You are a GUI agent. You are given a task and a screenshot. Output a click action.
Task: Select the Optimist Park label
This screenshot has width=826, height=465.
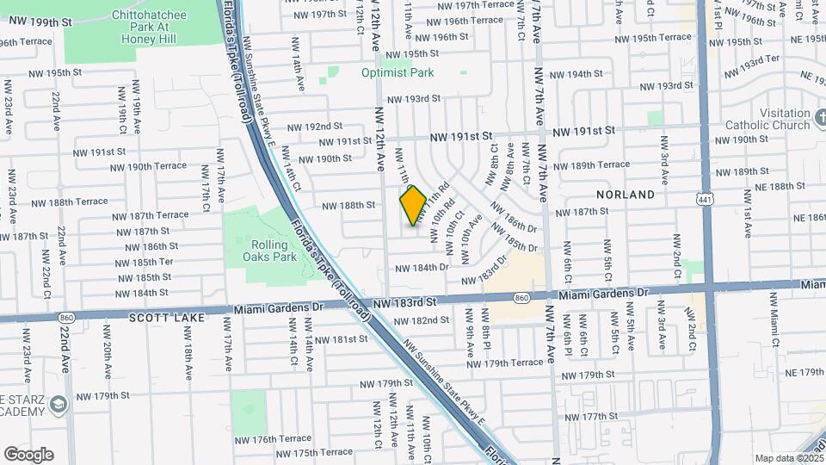coord(398,73)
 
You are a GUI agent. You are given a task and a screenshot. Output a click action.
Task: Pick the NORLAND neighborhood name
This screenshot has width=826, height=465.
coord(624,195)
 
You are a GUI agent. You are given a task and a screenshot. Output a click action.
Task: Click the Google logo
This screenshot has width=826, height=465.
coord(28,455)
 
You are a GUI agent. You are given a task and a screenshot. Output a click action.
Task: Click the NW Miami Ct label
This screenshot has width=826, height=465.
coord(774,331)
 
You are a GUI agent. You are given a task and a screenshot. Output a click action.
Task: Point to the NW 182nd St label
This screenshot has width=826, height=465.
coord(421,320)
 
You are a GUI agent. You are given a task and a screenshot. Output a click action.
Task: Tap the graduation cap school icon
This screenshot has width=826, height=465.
coord(58,404)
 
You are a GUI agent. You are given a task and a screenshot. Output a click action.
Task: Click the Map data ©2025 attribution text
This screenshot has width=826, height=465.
coord(787,458)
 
